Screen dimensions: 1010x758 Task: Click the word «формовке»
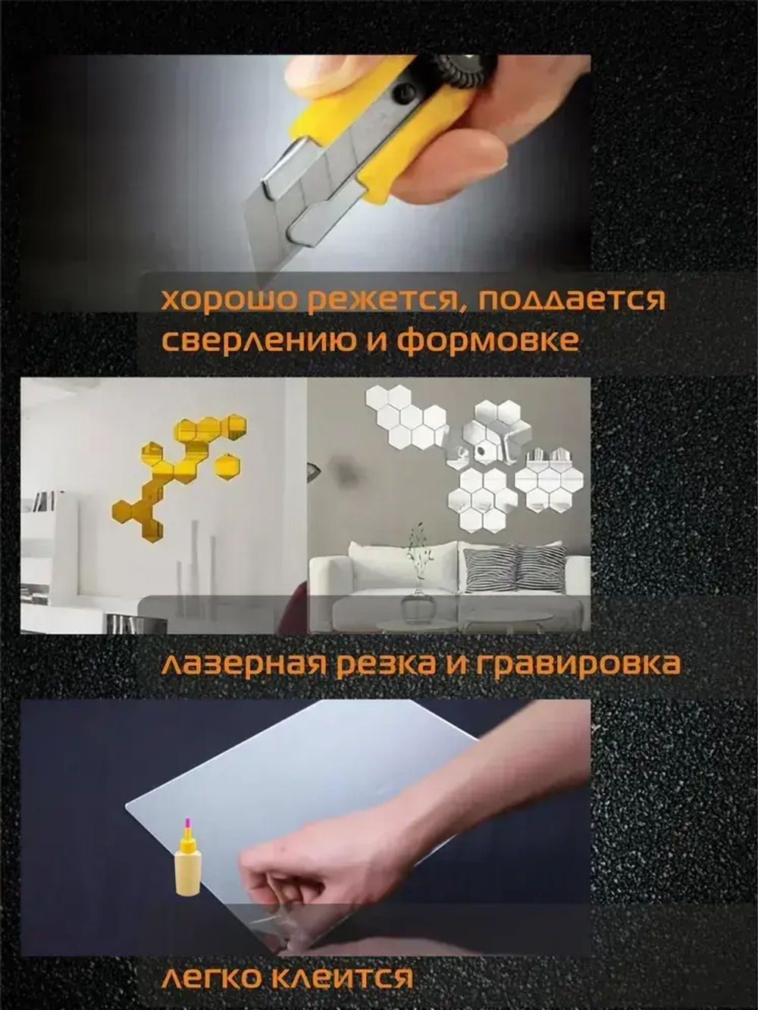(488, 340)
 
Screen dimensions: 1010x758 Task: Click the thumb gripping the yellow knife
(334, 76)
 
